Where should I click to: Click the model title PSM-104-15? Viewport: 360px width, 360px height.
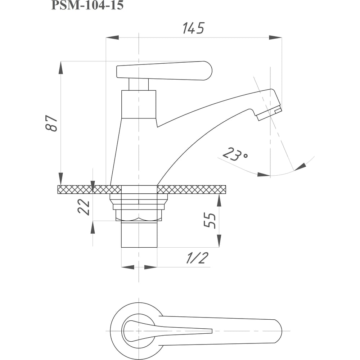(x=87, y=5)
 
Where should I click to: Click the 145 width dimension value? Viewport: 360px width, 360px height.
(x=193, y=28)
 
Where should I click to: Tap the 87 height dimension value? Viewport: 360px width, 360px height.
(x=51, y=123)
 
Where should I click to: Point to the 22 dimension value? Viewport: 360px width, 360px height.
(x=84, y=207)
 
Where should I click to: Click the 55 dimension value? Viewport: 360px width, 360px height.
(x=210, y=221)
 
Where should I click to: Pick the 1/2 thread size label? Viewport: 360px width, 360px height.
(x=197, y=258)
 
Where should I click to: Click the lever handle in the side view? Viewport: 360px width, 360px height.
(x=164, y=71)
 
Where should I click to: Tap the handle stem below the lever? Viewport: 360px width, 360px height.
(x=139, y=84)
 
